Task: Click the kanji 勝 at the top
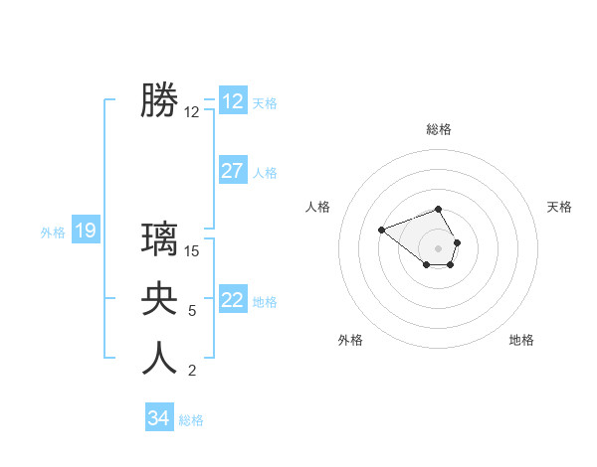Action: point(159,100)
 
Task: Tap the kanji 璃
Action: point(159,239)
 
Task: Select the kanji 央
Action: point(159,299)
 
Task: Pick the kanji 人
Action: point(159,359)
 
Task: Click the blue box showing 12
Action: point(233,101)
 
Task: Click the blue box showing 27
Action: point(233,171)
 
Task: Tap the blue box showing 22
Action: point(233,300)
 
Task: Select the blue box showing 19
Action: point(85,232)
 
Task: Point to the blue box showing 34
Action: point(159,418)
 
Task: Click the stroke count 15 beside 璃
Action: point(192,251)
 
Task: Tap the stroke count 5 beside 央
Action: point(192,311)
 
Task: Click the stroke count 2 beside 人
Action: point(192,371)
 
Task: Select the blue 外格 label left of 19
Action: point(53,233)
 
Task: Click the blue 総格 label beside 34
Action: point(191,420)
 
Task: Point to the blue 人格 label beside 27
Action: point(265,173)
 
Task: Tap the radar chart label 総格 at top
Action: point(439,130)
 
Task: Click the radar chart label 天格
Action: point(560,207)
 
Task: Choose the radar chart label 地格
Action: point(521,340)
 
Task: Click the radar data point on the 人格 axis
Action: point(381,230)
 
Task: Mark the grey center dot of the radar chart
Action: point(439,247)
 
